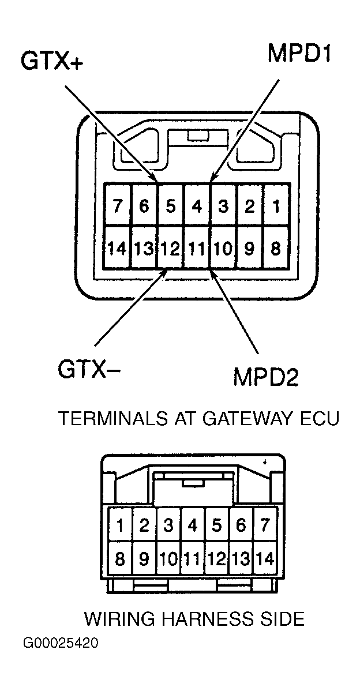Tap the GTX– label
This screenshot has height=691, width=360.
pyautogui.click(x=89, y=368)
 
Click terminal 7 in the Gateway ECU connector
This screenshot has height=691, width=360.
pyautogui.click(x=118, y=206)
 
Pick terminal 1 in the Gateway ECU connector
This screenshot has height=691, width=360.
pyautogui.click(x=275, y=206)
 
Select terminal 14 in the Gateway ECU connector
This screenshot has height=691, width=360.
pyautogui.click(x=118, y=249)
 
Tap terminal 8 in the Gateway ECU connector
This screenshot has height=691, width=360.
pyautogui.click(x=275, y=249)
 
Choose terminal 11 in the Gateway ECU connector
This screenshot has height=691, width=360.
pyautogui.click(x=197, y=249)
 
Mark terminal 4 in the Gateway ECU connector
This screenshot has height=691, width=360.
pyautogui.click(x=197, y=206)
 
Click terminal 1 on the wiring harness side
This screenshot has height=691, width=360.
pyautogui.click(x=120, y=525)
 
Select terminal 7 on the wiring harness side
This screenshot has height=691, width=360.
pyautogui.click(x=265, y=525)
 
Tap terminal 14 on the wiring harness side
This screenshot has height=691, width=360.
pyautogui.click(x=265, y=558)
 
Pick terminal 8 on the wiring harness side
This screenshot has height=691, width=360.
pyautogui.click(x=120, y=558)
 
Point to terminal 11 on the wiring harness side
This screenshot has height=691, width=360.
pyautogui.click(x=193, y=558)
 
